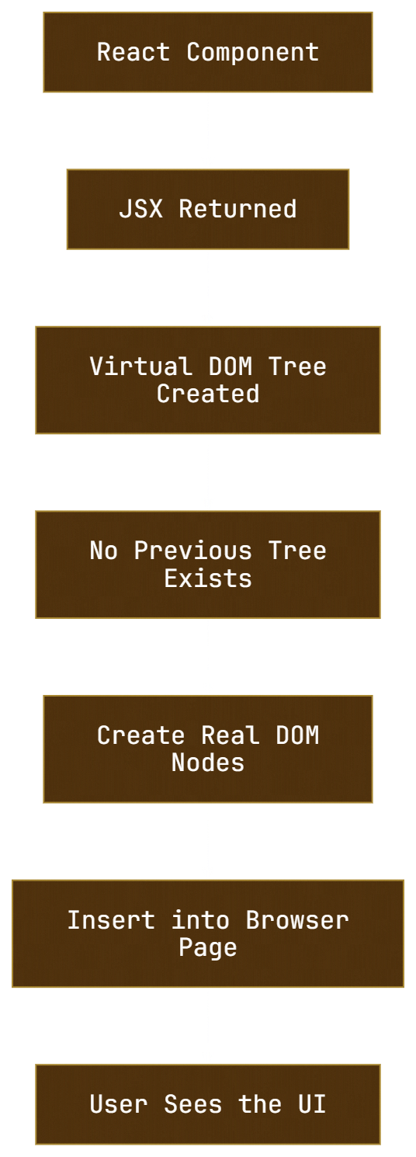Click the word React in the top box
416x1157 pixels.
[133, 52]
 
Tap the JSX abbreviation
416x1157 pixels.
[141, 209]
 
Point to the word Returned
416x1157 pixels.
[238, 209]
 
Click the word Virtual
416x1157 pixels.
[141, 367]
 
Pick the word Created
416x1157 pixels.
[208, 394]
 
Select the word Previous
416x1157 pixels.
[193, 551]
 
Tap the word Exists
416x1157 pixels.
[208, 578]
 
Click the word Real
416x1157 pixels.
[231, 735]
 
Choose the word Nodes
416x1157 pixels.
[208, 763]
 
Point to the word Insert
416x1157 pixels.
[111, 920]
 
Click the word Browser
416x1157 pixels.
[297, 920]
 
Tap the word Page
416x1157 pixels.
[208, 948]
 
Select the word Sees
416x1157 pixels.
[193, 1104]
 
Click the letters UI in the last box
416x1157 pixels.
[312, 1104]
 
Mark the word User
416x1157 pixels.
[119, 1104]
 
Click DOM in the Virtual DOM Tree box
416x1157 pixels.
[231, 367]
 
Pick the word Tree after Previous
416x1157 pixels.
[297, 551]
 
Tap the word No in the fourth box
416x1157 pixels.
[104, 551]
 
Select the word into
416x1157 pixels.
[200, 920]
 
